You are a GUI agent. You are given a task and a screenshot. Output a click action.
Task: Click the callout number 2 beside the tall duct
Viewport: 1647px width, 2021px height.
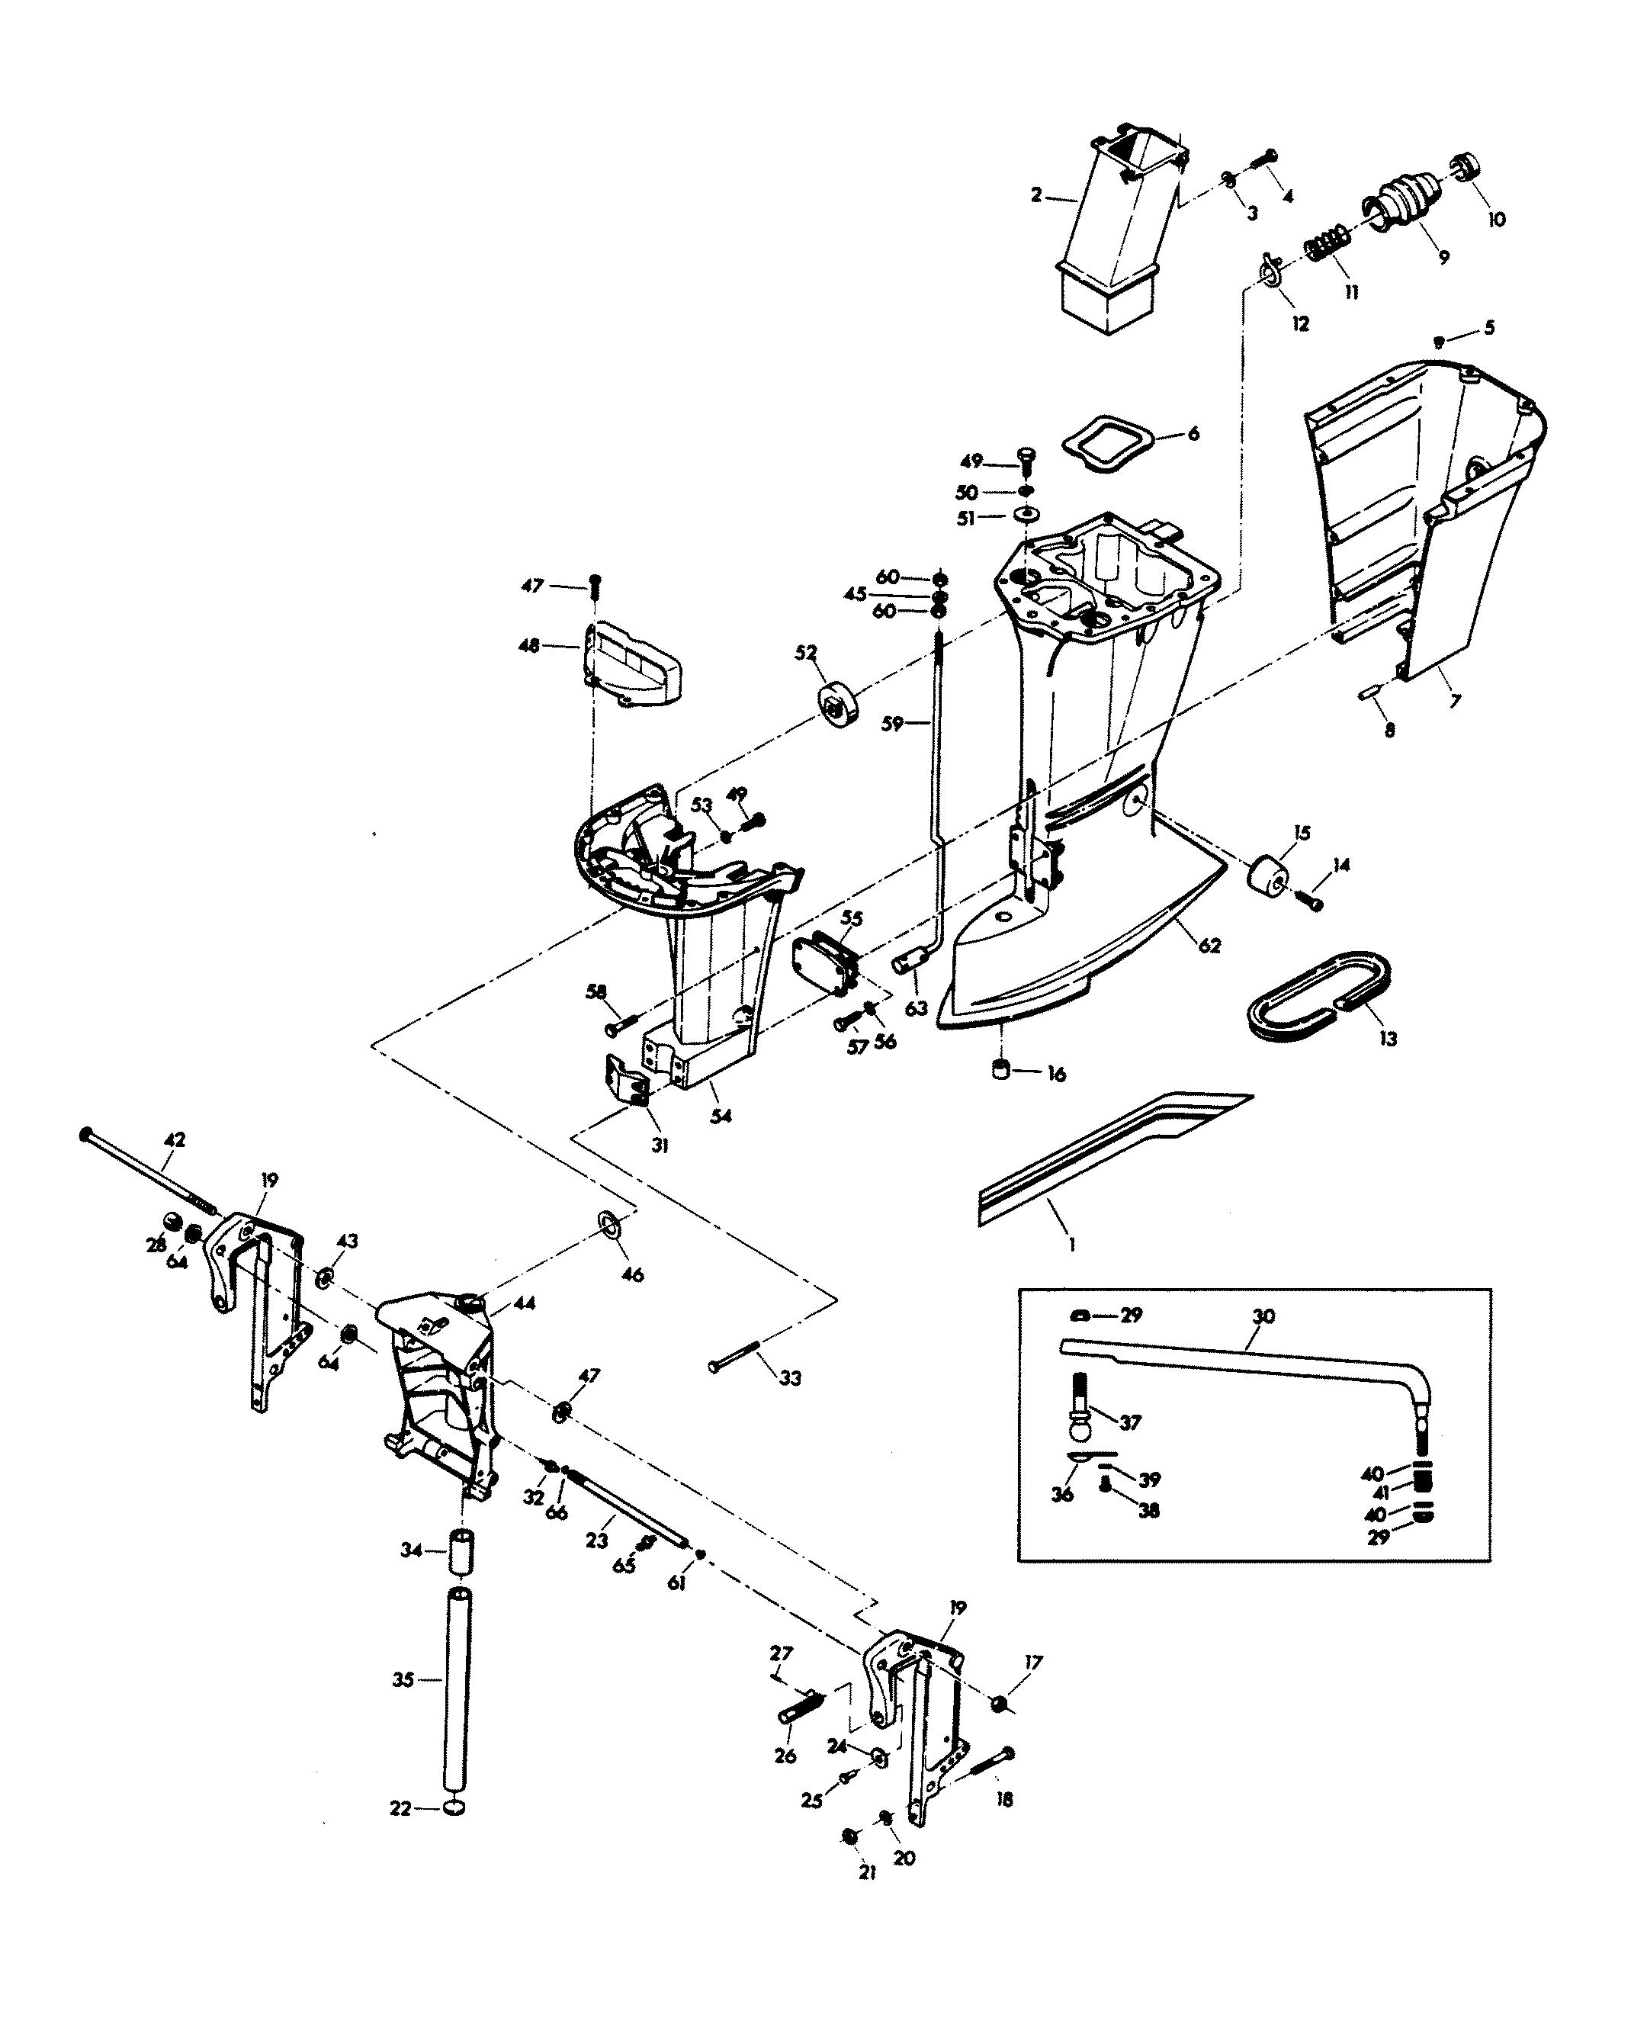point(1036,195)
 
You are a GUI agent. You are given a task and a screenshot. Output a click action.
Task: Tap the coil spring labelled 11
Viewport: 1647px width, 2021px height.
point(1326,244)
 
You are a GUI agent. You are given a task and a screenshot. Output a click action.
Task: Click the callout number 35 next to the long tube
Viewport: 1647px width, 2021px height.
point(403,1680)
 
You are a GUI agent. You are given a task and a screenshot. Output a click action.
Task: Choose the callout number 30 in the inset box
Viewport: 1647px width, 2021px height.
point(1263,1316)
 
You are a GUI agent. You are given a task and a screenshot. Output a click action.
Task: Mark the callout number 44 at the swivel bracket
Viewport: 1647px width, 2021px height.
point(524,1303)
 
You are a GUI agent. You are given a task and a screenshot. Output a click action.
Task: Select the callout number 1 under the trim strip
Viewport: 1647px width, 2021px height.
point(1072,1244)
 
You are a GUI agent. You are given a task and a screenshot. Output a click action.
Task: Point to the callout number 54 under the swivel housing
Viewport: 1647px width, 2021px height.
point(721,1117)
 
